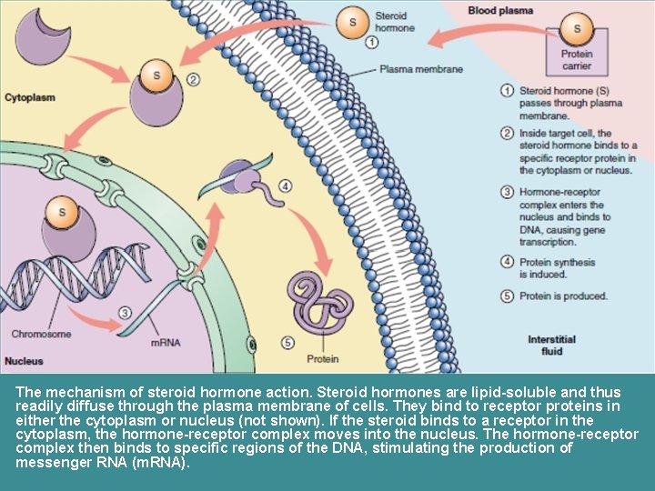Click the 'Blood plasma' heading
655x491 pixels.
click(x=500, y=11)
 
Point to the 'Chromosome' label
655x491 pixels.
click(x=41, y=334)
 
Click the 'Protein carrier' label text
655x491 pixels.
click(x=577, y=60)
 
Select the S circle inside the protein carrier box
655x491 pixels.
click(x=577, y=30)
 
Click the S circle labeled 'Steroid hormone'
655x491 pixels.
click(x=350, y=21)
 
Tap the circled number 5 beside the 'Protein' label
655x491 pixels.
click(x=287, y=343)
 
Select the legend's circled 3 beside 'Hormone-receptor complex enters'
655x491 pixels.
click(x=508, y=193)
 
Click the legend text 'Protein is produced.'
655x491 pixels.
click(x=563, y=296)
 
